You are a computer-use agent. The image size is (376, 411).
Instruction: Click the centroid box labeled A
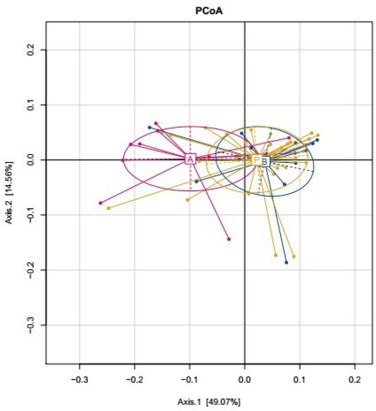[x=190, y=159]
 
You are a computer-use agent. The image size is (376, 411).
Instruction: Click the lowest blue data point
[x=286, y=262]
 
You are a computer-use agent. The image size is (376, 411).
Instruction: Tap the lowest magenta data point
[x=229, y=239]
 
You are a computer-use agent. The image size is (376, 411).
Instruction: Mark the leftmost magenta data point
[x=101, y=203]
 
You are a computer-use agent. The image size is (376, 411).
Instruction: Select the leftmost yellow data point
[x=108, y=208]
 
